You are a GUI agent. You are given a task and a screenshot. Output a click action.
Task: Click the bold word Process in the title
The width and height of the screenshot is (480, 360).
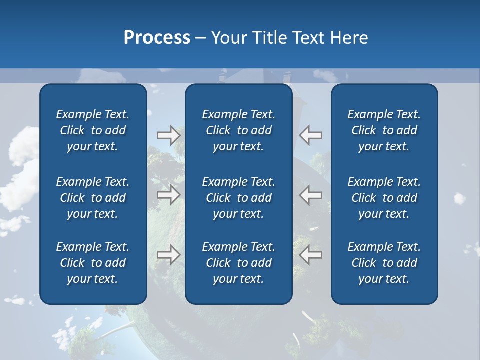[x=157, y=38]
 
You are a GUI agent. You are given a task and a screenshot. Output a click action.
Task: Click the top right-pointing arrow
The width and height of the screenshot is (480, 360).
[x=168, y=135]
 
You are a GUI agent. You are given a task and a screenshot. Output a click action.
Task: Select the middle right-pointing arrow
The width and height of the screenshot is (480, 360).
[x=168, y=195]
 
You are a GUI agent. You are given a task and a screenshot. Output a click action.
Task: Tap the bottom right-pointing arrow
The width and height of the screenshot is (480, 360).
[x=168, y=255]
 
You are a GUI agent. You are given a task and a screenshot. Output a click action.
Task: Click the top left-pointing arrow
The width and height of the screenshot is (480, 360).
[x=311, y=135]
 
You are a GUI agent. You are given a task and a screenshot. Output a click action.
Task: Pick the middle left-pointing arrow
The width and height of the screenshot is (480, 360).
[x=311, y=195]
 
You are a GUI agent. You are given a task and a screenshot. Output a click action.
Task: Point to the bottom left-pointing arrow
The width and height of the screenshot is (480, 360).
[x=311, y=255]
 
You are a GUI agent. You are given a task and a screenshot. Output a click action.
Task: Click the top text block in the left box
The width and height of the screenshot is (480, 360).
[x=93, y=130]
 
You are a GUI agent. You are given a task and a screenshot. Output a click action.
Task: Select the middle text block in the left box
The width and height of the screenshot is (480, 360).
[x=93, y=198]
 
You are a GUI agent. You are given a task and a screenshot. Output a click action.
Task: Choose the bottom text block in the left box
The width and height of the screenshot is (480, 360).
[x=93, y=263]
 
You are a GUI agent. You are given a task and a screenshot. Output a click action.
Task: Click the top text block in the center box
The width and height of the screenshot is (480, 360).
[x=238, y=130]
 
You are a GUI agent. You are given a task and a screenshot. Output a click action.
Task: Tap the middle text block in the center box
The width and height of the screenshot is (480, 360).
[x=238, y=198]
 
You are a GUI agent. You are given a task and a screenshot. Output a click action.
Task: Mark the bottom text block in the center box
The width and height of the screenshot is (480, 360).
[x=238, y=263]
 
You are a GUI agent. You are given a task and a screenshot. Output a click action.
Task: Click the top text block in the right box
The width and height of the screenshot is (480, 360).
[x=384, y=130]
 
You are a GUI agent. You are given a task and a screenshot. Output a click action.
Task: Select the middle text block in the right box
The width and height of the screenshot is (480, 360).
[x=384, y=198]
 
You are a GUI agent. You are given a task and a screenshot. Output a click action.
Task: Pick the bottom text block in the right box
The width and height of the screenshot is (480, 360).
[x=384, y=263]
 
